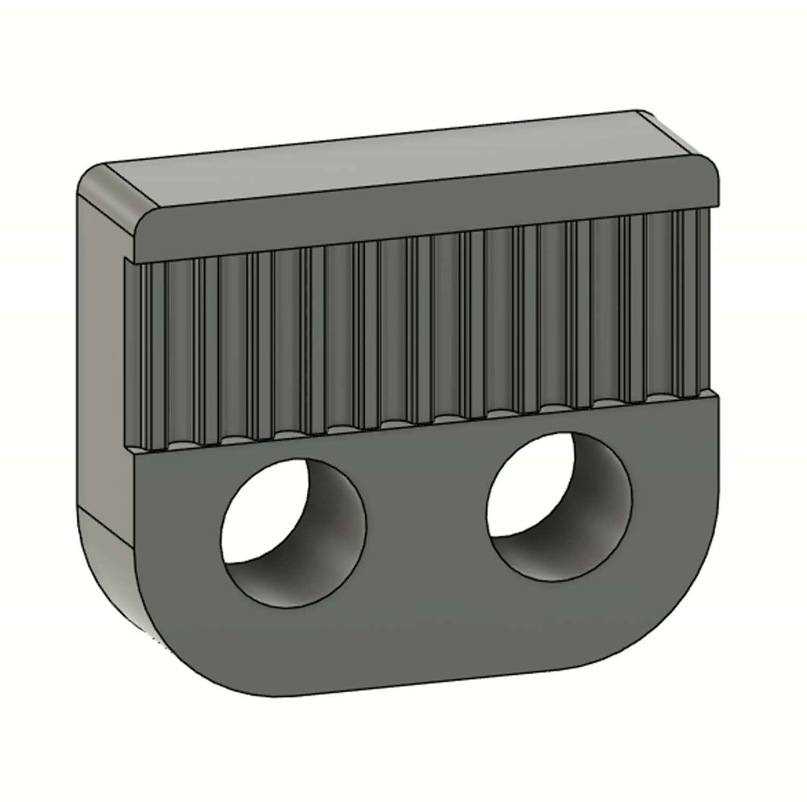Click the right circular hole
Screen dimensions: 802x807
(x=560, y=506)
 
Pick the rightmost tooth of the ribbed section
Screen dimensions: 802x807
(x=699, y=301)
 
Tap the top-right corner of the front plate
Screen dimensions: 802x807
(x=717, y=398)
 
